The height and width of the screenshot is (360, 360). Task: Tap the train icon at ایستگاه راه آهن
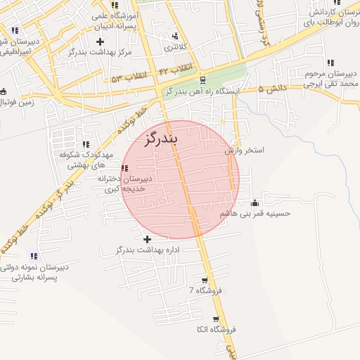click(x=202, y=80)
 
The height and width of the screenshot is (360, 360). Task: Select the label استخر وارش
click(x=244, y=150)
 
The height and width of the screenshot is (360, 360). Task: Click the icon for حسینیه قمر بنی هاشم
click(x=255, y=203)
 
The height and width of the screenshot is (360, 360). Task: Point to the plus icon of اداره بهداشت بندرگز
click(x=147, y=240)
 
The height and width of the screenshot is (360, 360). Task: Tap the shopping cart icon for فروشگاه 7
click(x=205, y=280)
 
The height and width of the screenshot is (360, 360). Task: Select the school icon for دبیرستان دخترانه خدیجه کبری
click(x=125, y=168)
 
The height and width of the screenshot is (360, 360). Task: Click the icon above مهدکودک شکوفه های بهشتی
click(x=86, y=144)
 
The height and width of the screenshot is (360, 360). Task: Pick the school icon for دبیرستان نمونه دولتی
click(x=34, y=257)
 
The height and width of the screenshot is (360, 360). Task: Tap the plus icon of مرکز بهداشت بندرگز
click(x=101, y=42)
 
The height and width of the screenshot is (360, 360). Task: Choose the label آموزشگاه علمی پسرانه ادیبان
click(x=116, y=20)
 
